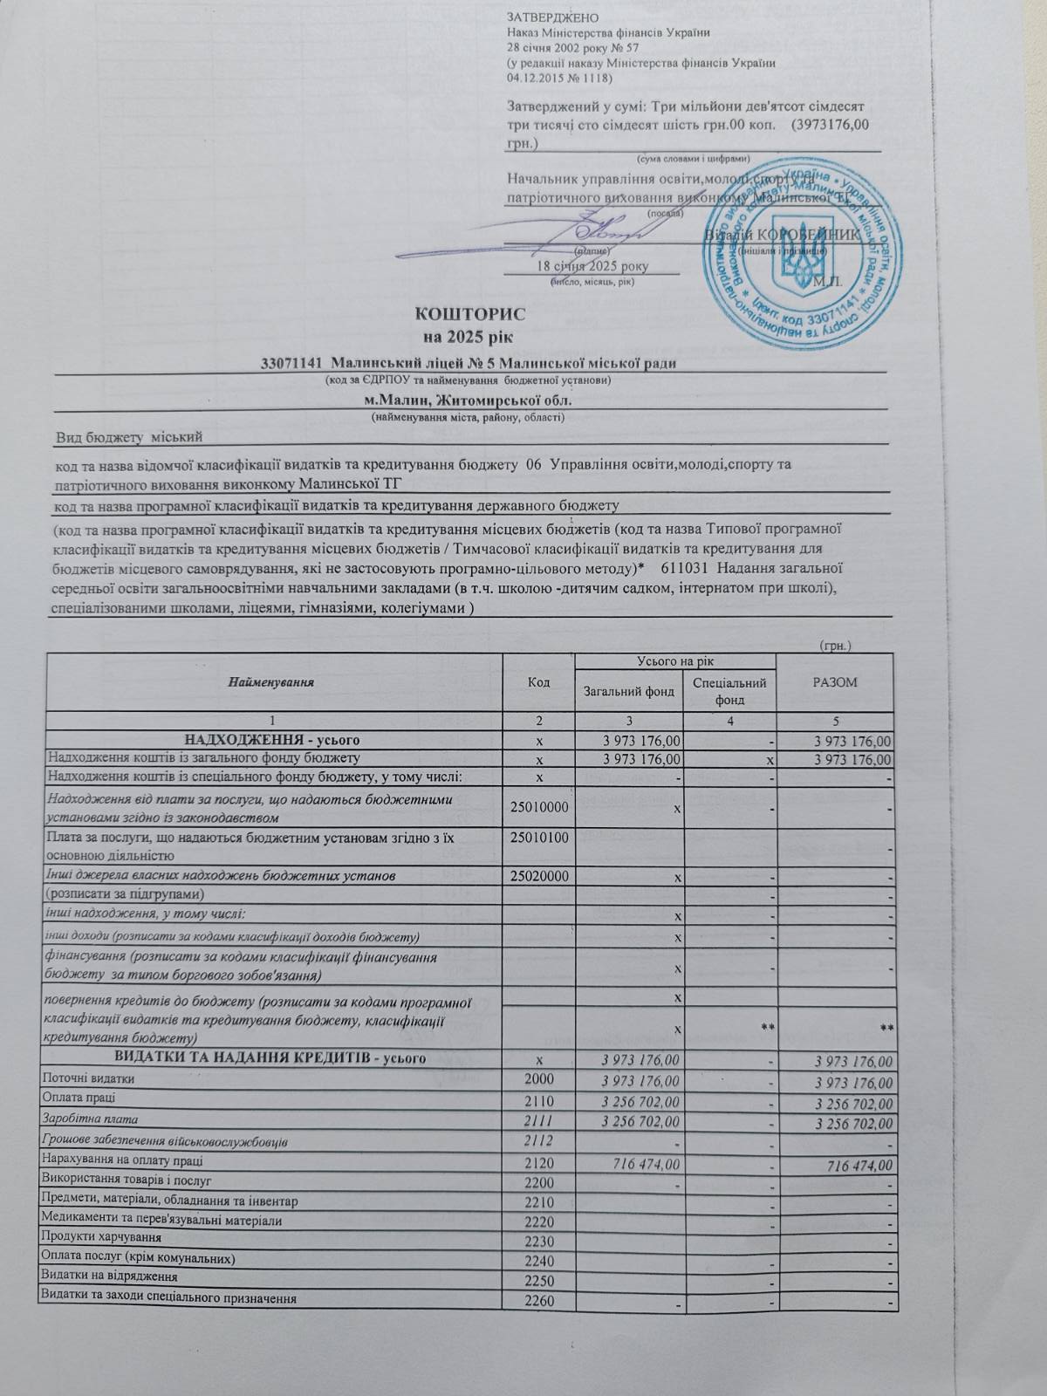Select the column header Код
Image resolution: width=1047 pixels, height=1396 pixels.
tap(538, 681)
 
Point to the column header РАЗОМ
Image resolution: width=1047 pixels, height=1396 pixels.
tap(834, 681)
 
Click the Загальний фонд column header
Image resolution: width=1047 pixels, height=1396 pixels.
tap(629, 692)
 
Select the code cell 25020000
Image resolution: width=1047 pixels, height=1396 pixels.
tap(538, 875)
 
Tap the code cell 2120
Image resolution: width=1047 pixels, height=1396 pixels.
tap(538, 1161)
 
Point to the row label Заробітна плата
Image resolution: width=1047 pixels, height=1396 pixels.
tap(92, 1119)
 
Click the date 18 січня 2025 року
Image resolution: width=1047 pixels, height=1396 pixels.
tap(594, 266)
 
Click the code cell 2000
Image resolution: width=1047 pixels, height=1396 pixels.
tap(538, 1078)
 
